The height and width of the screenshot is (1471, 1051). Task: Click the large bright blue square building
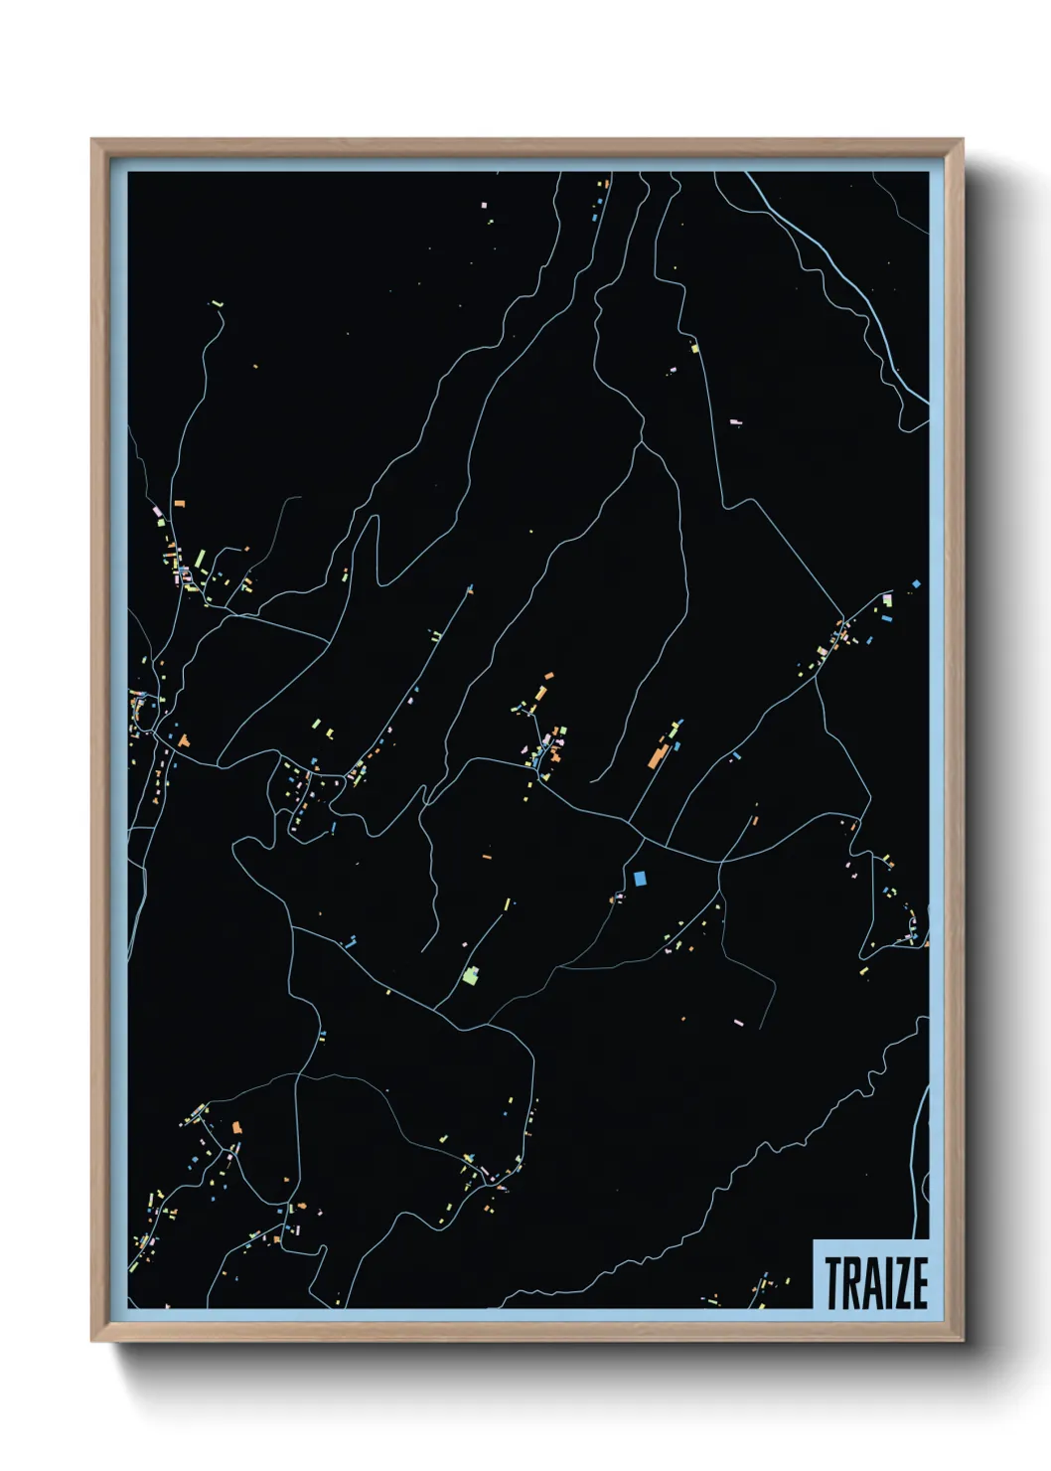[640, 878]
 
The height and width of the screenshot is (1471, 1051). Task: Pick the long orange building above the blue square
[657, 753]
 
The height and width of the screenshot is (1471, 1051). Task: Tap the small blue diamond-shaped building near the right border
[916, 583]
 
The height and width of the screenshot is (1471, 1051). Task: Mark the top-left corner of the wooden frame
[92, 140]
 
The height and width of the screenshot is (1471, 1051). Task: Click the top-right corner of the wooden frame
[962, 140]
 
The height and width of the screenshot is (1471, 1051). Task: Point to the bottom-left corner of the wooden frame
[92, 1341]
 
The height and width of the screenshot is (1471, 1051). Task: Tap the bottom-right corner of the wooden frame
[962, 1341]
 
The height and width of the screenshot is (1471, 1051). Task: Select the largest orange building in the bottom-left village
[237, 1127]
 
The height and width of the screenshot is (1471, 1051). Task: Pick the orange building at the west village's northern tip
[180, 505]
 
